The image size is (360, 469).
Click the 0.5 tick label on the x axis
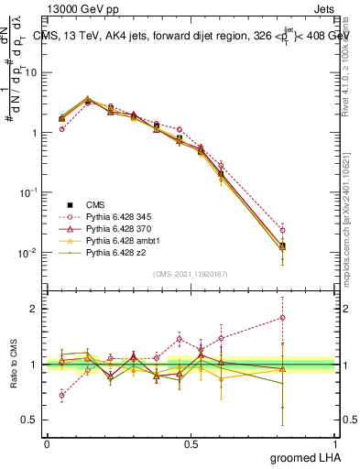click(191, 444)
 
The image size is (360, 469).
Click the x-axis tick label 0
click(47, 444)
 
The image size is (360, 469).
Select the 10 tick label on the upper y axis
click(29, 72)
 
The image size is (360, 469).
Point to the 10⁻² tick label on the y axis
click(27, 252)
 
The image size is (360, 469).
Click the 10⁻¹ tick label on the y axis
click(27, 192)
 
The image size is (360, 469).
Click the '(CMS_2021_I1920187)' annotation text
click(191, 273)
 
